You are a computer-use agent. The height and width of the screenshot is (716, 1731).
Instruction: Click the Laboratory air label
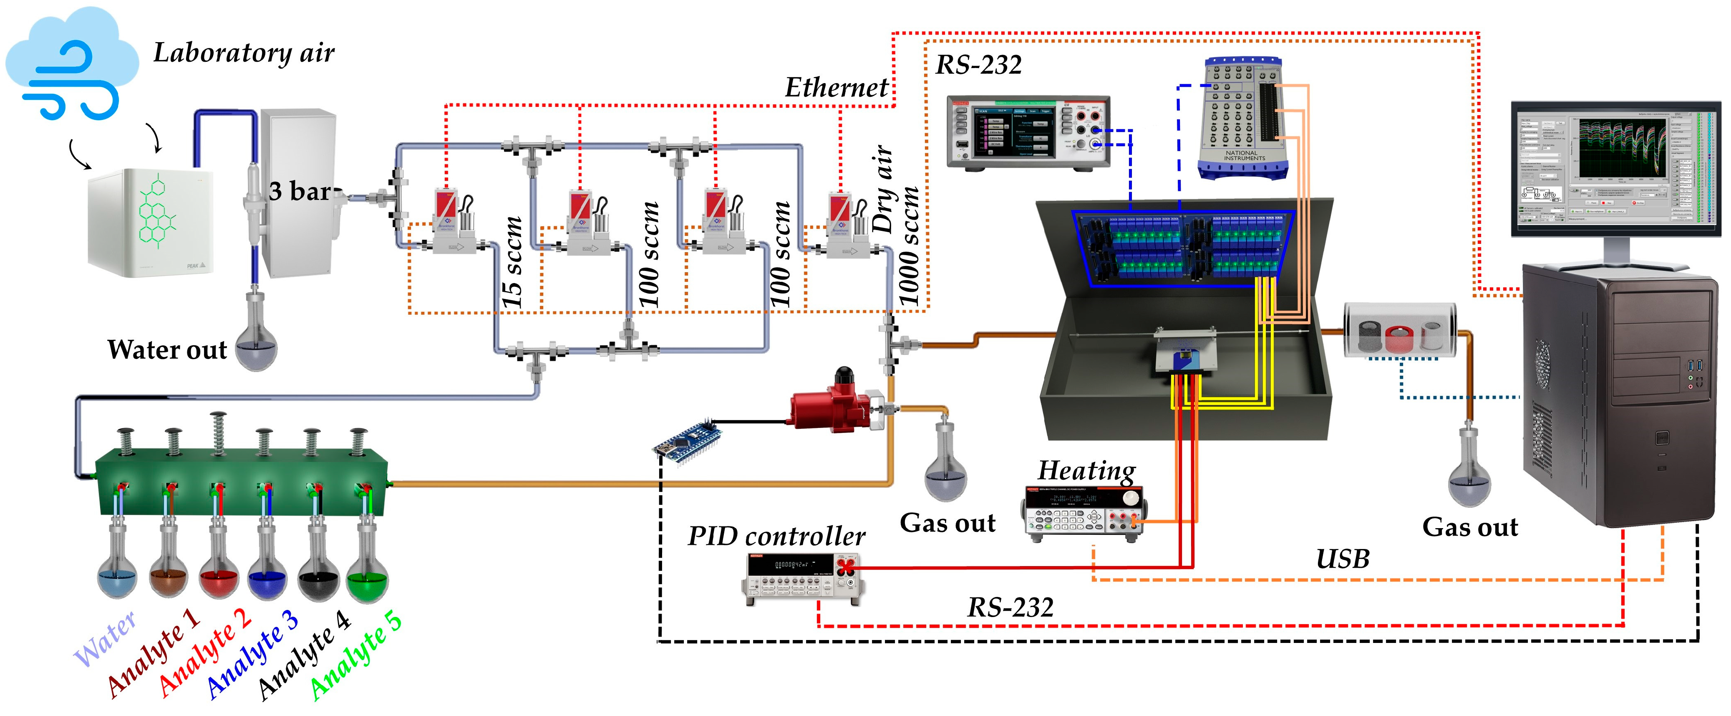[243, 53]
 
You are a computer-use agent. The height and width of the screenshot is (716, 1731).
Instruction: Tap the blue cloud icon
[71, 64]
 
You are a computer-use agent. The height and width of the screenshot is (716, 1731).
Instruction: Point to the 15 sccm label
[512, 262]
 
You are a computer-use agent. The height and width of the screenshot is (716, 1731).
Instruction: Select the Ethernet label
[836, 87]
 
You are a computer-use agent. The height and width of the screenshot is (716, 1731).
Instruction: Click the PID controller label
[776, 536]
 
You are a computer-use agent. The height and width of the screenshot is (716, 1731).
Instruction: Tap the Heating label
[1086, 471]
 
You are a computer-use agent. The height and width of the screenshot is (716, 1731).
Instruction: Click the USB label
[1342, 559]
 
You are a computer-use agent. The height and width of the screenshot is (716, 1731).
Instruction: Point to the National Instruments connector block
[1243, 118]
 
